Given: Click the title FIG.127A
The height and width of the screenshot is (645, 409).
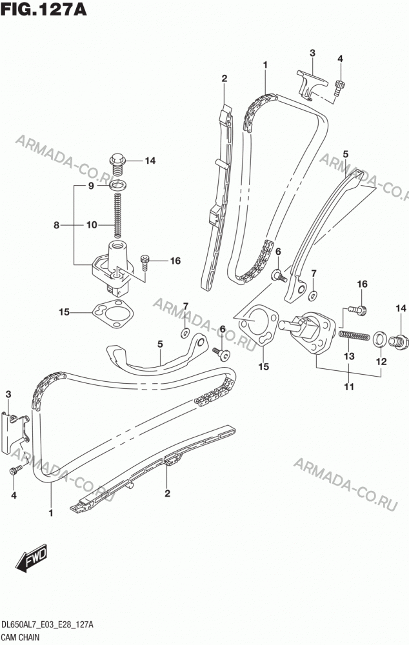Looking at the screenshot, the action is coord(44,9).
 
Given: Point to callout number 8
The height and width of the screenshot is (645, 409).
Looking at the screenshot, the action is coord(57,225).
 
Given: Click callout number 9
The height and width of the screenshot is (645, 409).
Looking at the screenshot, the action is coord(91,186).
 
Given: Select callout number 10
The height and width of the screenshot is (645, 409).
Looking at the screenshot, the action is coord(92,225).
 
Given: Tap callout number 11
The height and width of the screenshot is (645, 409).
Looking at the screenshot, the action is coord(349,386).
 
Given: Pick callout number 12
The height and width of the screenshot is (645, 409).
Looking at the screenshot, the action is coord(381,362).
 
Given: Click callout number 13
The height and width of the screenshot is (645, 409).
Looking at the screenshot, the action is coord(349,356).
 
